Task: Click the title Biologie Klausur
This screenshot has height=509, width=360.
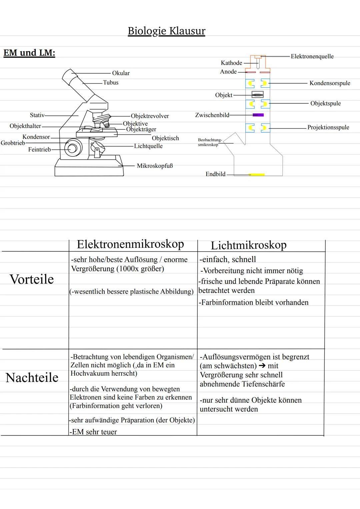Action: click(166, 31)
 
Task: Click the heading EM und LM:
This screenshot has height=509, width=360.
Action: click(29, 53)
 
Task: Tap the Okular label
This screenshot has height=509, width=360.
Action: click(121, 73)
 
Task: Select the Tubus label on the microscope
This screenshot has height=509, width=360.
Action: click(111, 83)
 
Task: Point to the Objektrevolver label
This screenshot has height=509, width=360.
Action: click(150, 116)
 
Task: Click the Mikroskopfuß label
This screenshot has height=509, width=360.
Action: click(155, 166)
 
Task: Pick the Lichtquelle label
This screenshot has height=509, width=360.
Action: click(148, 146)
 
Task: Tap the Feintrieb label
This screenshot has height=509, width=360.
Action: click(39, 150)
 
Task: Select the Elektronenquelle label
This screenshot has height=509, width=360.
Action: click(312, 56)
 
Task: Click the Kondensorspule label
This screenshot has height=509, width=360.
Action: click(330, 83)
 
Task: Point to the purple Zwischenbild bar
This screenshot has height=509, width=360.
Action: click(258, 115)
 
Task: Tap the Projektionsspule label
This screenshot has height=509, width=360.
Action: click(328, 127)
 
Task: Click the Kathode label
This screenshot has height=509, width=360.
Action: click(231, 63)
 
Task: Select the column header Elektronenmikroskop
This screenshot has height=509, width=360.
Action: click(130, 244)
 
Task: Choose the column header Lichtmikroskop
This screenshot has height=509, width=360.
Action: click(249, 245)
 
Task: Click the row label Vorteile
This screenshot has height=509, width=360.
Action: click(32, 279)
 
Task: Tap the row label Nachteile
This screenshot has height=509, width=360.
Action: click(32, 378)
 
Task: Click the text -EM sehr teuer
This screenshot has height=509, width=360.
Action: click(94, 432)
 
